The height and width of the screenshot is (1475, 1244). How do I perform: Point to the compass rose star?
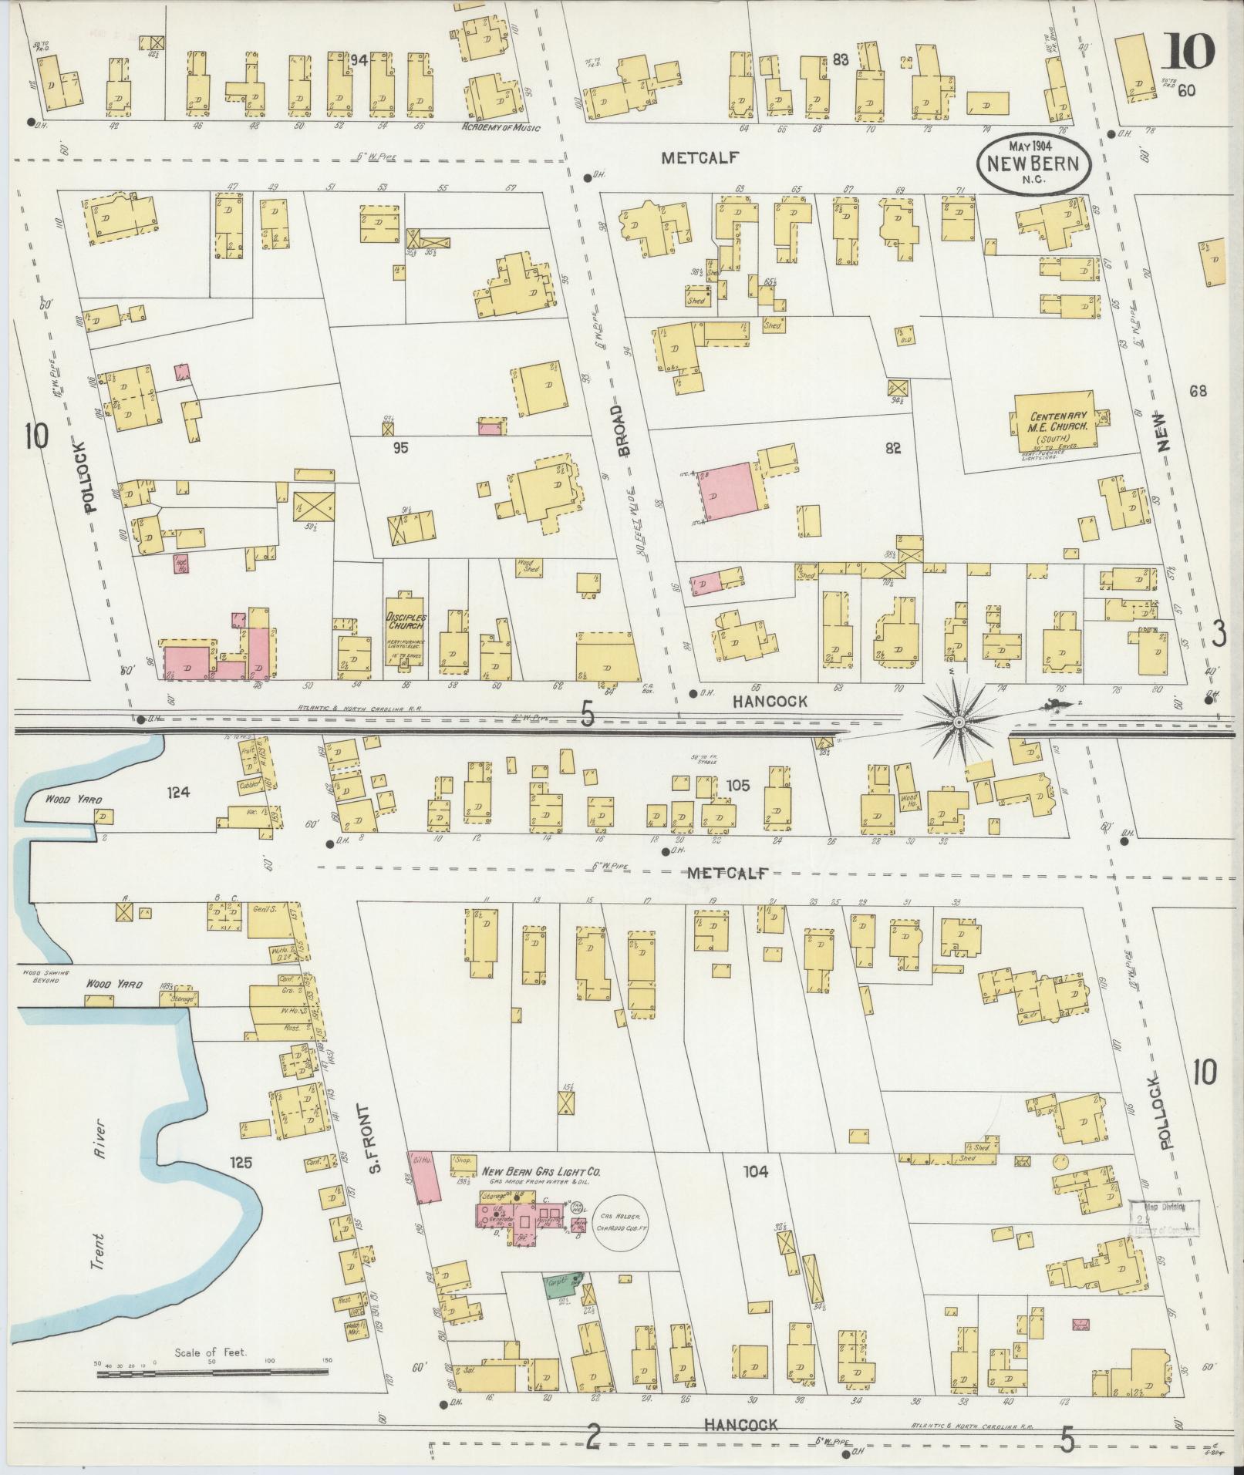[958, 722]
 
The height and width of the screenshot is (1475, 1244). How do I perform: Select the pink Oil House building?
[425, 1201]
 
